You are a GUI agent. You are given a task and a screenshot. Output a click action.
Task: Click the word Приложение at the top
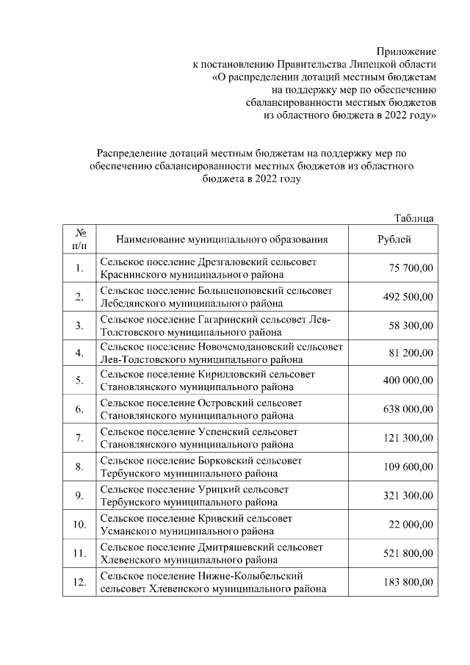coord(406,52)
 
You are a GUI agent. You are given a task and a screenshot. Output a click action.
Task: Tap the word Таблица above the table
coord(414,218)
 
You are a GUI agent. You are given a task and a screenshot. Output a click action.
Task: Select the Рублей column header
coord(394,240)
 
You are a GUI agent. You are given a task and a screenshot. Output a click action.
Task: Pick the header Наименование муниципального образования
coord(222,240)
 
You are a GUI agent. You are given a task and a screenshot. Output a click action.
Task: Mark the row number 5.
coord(79,381)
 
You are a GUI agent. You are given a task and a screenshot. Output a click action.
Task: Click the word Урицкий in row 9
coord(220,489)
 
